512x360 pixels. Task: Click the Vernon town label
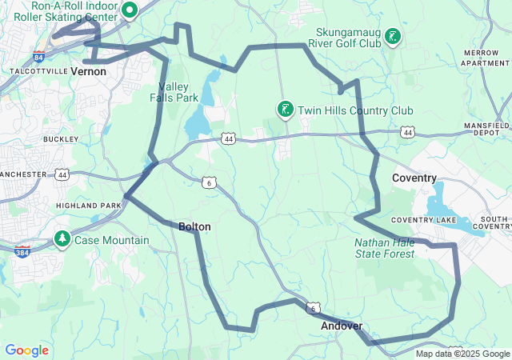point(88,71)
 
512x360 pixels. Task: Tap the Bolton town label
point(194,227)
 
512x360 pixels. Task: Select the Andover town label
point(342,326)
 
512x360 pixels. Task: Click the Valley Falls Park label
point(178,92)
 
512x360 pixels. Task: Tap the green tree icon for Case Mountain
point(62,239)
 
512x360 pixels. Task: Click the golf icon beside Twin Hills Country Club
point(284,110)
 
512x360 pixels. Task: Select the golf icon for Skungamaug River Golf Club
point(393,36)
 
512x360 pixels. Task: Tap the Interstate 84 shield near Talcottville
point(40,56)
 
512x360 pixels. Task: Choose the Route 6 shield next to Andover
point(314,308)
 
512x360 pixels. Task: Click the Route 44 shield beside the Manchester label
point(62,174)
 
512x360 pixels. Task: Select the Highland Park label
point(88,206)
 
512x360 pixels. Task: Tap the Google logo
point(26,350)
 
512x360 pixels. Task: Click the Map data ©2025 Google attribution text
point(462,354)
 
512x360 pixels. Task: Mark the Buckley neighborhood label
point(61,138)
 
